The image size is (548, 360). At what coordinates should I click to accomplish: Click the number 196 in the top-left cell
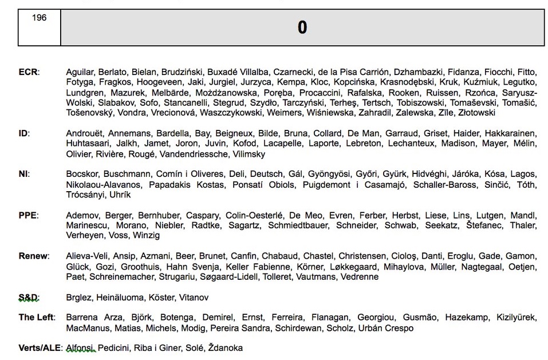point(39,18)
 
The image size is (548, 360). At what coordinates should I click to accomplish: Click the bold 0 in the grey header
point(302,27)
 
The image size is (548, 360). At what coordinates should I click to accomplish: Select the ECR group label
point(28,72)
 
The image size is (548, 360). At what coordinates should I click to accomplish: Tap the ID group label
point(24,133)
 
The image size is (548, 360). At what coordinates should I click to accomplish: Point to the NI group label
point(24,174)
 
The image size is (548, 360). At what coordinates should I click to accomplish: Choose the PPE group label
point(28,215)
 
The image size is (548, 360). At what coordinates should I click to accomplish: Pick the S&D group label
point(27,298)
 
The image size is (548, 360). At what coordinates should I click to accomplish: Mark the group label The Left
point(37,318)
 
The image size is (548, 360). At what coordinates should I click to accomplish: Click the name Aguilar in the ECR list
point(80,72)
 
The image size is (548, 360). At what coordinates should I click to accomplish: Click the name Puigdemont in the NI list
point(325,184)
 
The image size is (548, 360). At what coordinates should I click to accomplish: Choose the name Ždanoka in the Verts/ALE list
point(225,348)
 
